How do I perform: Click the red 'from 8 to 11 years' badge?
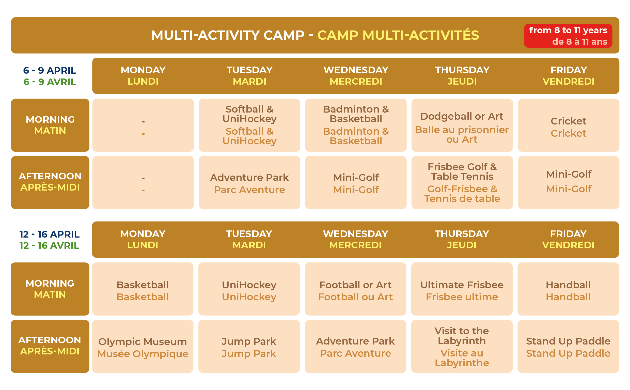(x=568, y=36)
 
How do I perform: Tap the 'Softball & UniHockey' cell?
(x=249, y=125)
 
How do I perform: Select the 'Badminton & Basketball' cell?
(x=356, y=125)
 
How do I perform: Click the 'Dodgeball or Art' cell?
(x=462, y=125)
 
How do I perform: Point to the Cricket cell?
(x=568, y=125)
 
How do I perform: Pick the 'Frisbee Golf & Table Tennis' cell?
(x=462, y=182)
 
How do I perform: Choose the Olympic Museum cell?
(x=143, y=346)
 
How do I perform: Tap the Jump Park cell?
(x=249, y=346)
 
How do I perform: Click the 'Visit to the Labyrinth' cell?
(x=462, y=346)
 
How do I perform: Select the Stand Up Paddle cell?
(x=568, y=346)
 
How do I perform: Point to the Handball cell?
(x=568, y=289)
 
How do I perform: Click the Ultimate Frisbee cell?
(x=462, y=289)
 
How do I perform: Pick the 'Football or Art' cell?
(x=355, y=289)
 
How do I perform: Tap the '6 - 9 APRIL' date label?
(x=50, y=70)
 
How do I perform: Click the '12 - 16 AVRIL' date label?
(x=50, y=245)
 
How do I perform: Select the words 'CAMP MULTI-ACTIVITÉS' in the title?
(x=398, y=35)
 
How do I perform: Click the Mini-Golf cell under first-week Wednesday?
(x=356, y=182)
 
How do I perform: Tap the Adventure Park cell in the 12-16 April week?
(x=355, y=346)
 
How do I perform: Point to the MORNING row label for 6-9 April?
(x=50, y=125)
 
